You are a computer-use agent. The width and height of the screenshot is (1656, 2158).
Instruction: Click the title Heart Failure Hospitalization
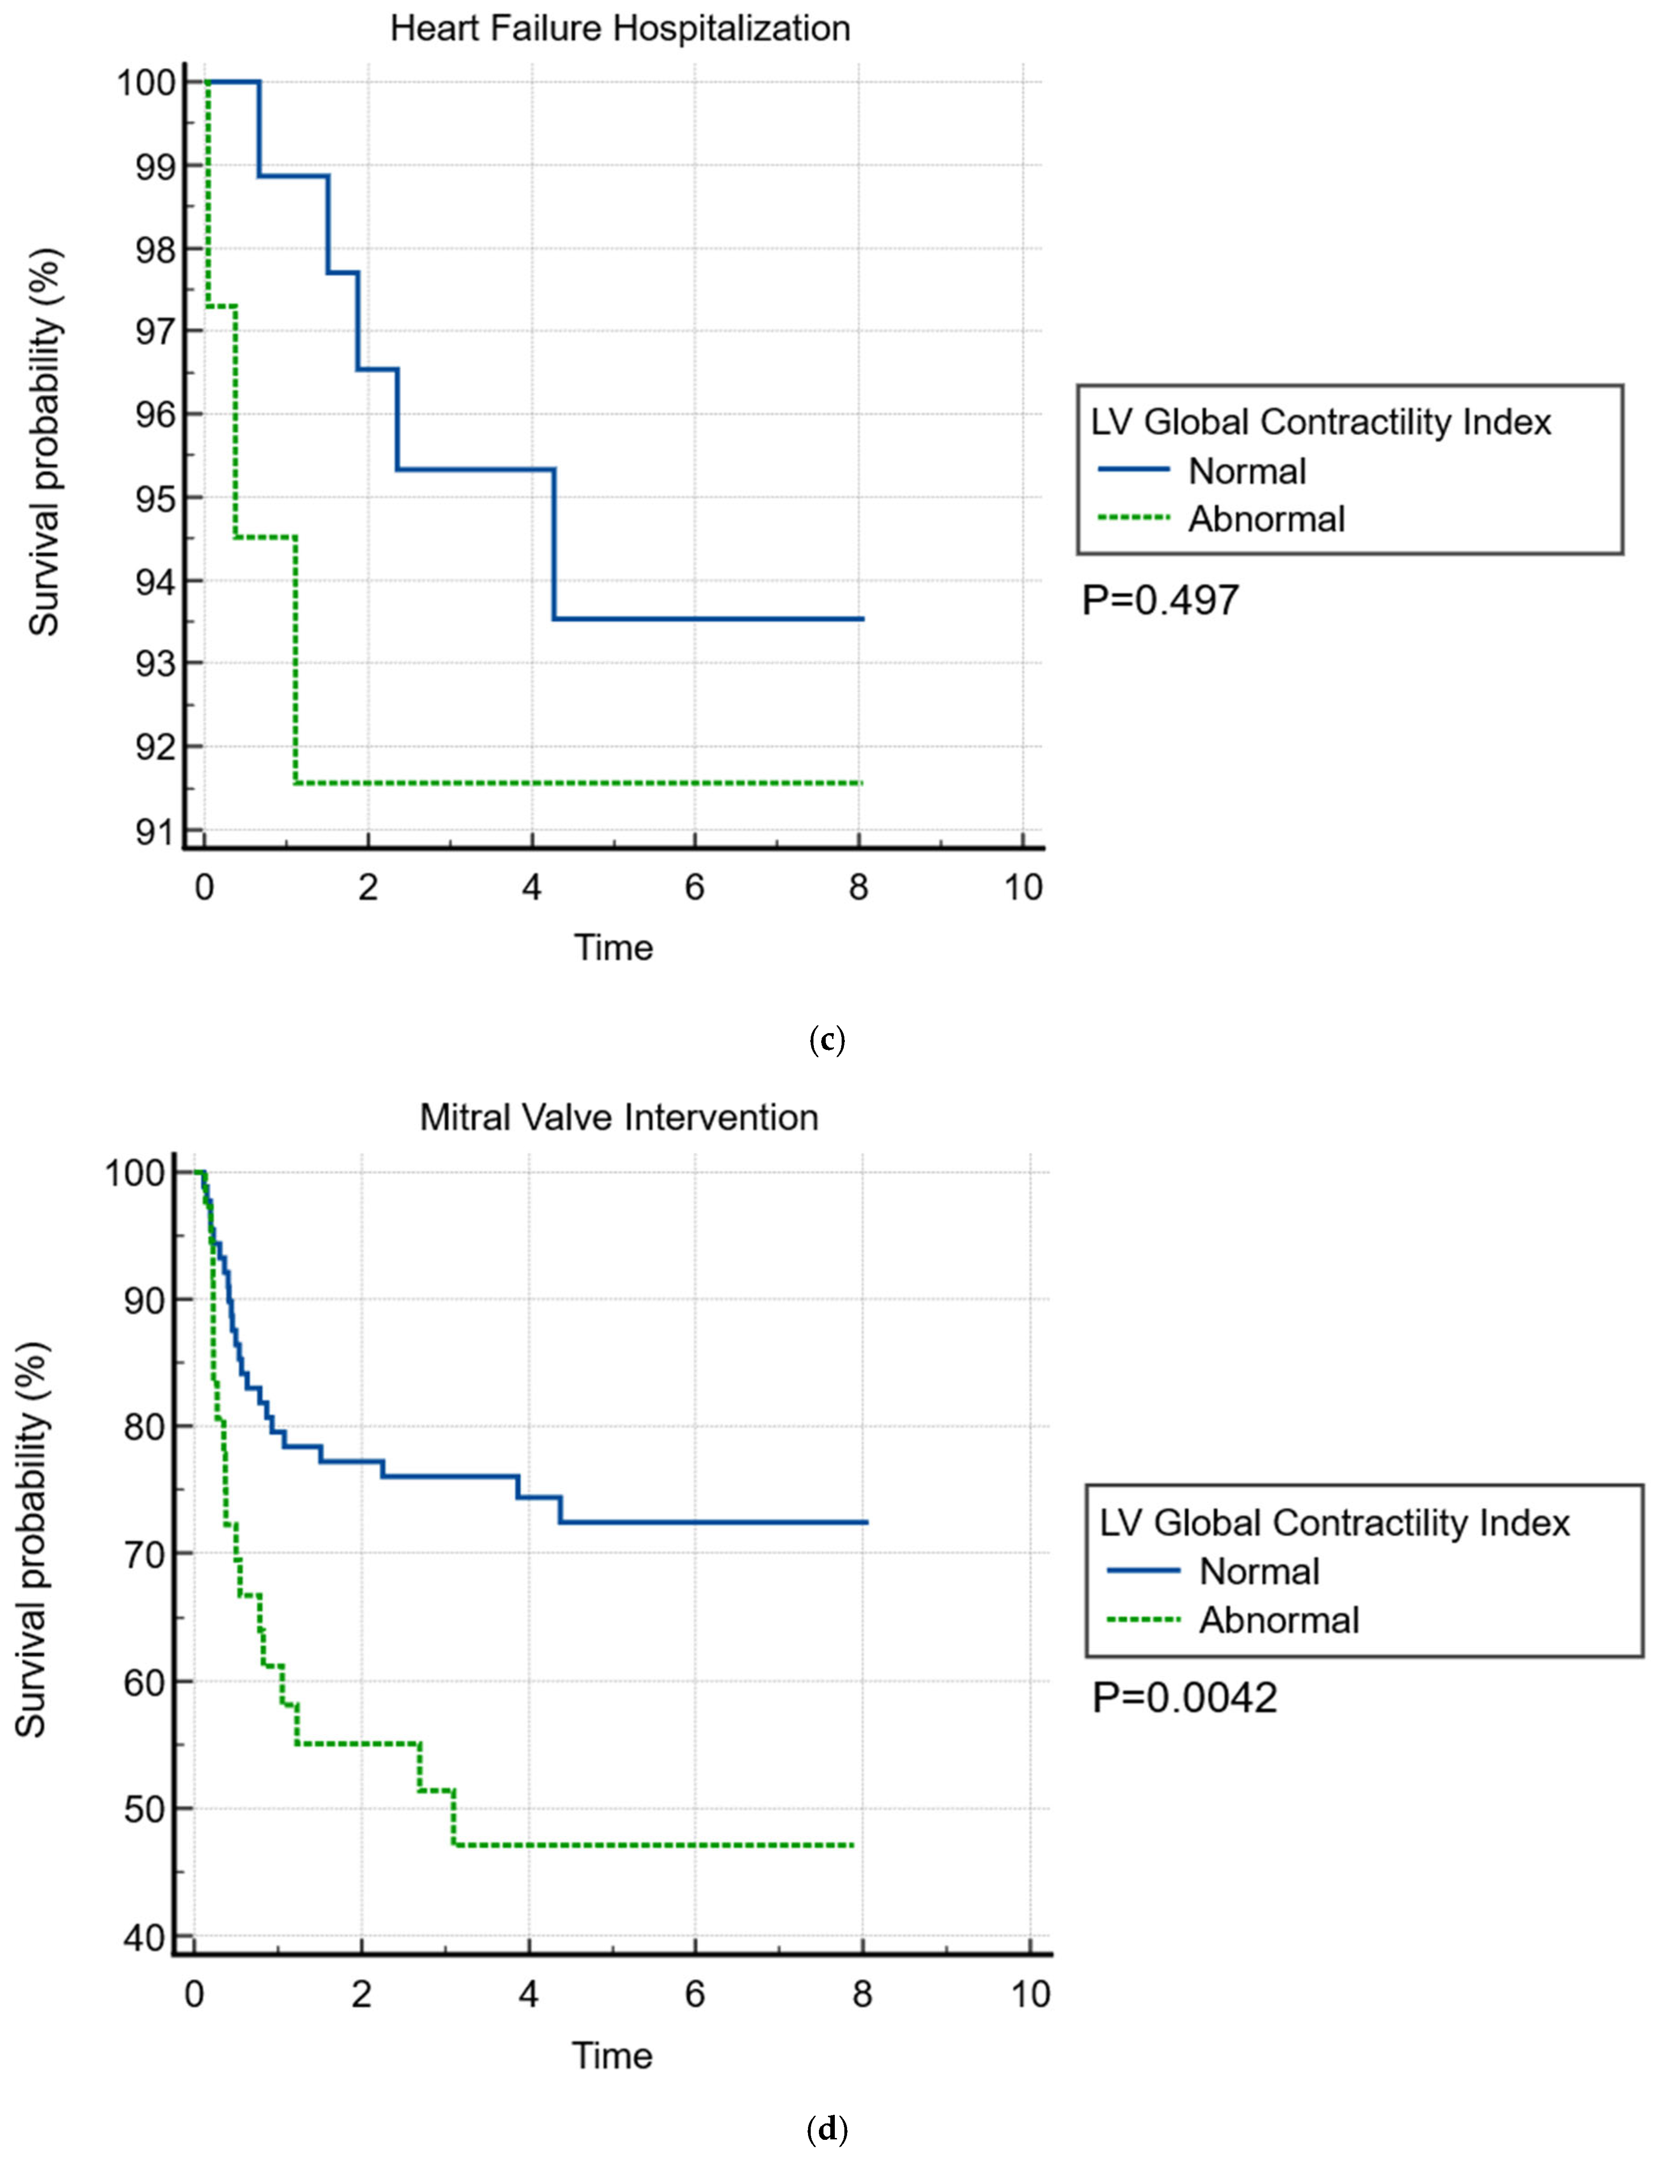(620, 29)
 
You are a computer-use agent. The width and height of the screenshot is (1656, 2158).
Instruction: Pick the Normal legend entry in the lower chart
(1258, 1571)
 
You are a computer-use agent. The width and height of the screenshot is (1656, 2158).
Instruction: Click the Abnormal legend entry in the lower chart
(1278, 1620)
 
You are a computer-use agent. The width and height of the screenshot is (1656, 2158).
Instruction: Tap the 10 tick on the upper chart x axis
(1023, 888)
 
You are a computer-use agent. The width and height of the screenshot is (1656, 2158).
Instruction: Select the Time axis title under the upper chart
(613, 947)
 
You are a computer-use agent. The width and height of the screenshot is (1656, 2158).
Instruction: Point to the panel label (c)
(826, 1040)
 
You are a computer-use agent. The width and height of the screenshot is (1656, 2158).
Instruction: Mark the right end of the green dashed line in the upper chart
(861, 783)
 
